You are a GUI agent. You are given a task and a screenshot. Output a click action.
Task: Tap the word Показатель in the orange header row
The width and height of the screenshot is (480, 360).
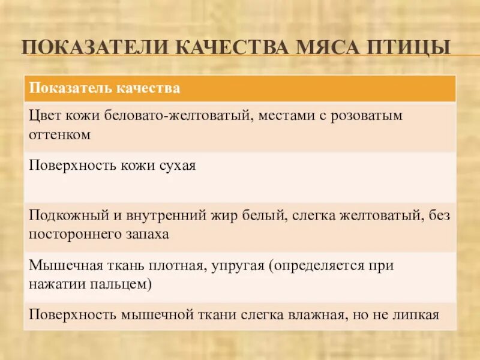67,89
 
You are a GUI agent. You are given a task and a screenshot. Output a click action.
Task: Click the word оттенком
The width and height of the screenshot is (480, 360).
59,135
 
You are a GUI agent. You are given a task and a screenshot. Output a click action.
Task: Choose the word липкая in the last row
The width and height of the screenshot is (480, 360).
416,314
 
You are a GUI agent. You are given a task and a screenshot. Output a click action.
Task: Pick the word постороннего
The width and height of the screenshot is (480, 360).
72,234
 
